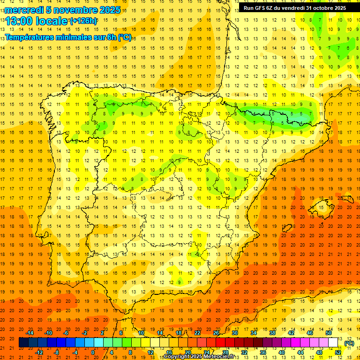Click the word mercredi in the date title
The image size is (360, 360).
(24, 10)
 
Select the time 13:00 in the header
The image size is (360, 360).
(19, 21)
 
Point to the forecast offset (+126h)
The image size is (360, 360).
(83, 21)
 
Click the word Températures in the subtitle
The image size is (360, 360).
(30, 37)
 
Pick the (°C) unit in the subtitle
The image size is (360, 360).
(125, 37)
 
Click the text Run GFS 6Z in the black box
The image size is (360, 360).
(260, 7)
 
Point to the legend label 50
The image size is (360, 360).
(329, 333)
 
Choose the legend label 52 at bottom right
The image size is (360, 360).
(338, 352)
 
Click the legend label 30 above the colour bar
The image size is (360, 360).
(235, 333)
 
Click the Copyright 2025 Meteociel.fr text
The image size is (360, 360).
(199, 357)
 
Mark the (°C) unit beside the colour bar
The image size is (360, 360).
(349, 343)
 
